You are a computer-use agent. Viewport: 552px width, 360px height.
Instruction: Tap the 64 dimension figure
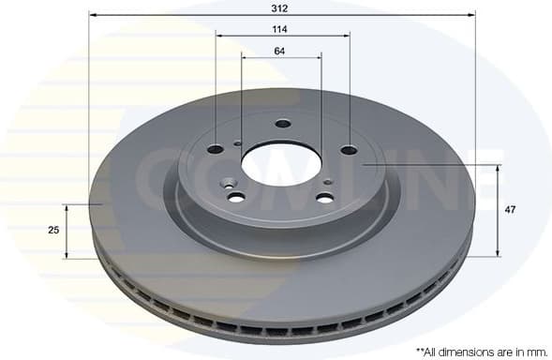tap(280, 51)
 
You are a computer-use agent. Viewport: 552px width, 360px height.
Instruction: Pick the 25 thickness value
tap(54, 230)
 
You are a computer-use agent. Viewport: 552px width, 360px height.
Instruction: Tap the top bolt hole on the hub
tap(283, 123)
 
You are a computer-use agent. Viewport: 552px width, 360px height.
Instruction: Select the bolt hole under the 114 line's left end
tap(216, 149)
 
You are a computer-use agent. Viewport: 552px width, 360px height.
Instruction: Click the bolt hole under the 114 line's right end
tap(349, 150)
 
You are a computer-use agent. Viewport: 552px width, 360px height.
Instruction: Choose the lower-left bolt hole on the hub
tap(236, 197)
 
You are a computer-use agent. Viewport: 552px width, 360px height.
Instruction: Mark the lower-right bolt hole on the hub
tap(324, 198)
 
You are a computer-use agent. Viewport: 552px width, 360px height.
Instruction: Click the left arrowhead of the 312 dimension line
tap(93, 15)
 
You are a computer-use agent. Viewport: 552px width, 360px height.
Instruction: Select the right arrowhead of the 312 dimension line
tap(471, 15)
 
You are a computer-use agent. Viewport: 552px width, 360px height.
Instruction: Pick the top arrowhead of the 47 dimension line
tap(498, 168)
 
